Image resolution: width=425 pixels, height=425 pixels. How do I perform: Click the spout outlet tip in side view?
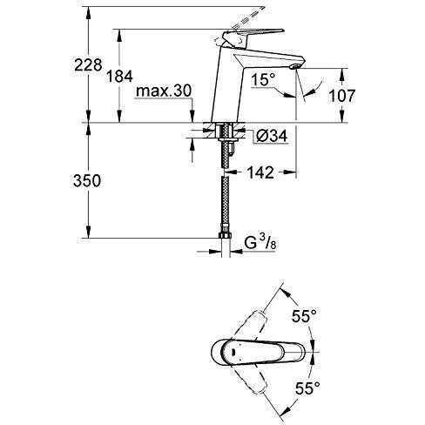pyautogui.click(x=293, y=66)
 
